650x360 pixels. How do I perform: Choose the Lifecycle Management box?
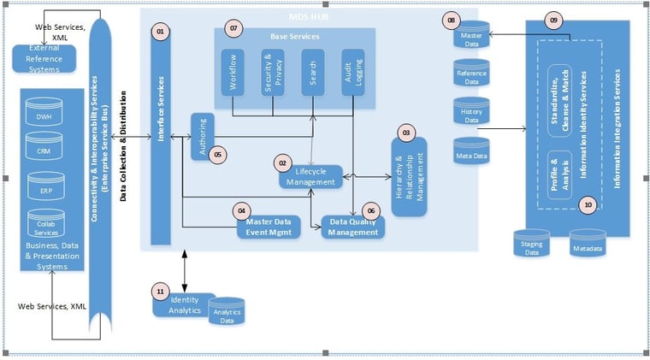click(311, 177)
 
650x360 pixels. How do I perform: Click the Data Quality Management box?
click(353, 227)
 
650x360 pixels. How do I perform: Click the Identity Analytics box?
click(184, 304)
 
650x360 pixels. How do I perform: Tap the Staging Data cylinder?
click(531, 244)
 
